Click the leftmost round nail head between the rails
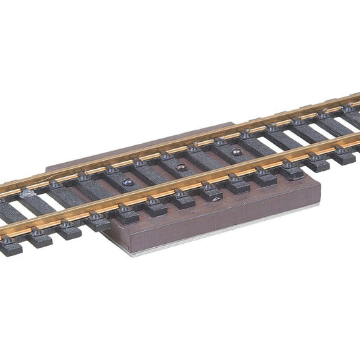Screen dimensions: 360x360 point(128,181)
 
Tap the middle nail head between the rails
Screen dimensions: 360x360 point(180,166)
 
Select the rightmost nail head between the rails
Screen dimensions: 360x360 point(236,152)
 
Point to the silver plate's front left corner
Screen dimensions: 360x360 point(126,255)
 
